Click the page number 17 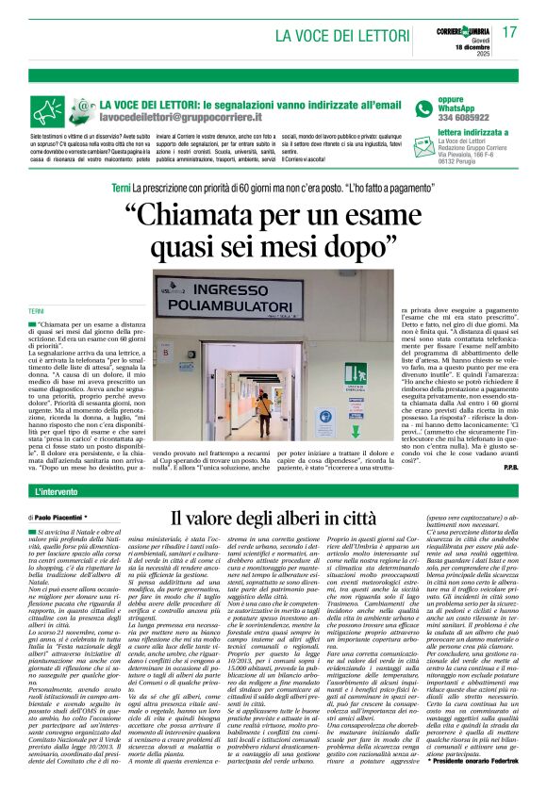510,32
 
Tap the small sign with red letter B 141,359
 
